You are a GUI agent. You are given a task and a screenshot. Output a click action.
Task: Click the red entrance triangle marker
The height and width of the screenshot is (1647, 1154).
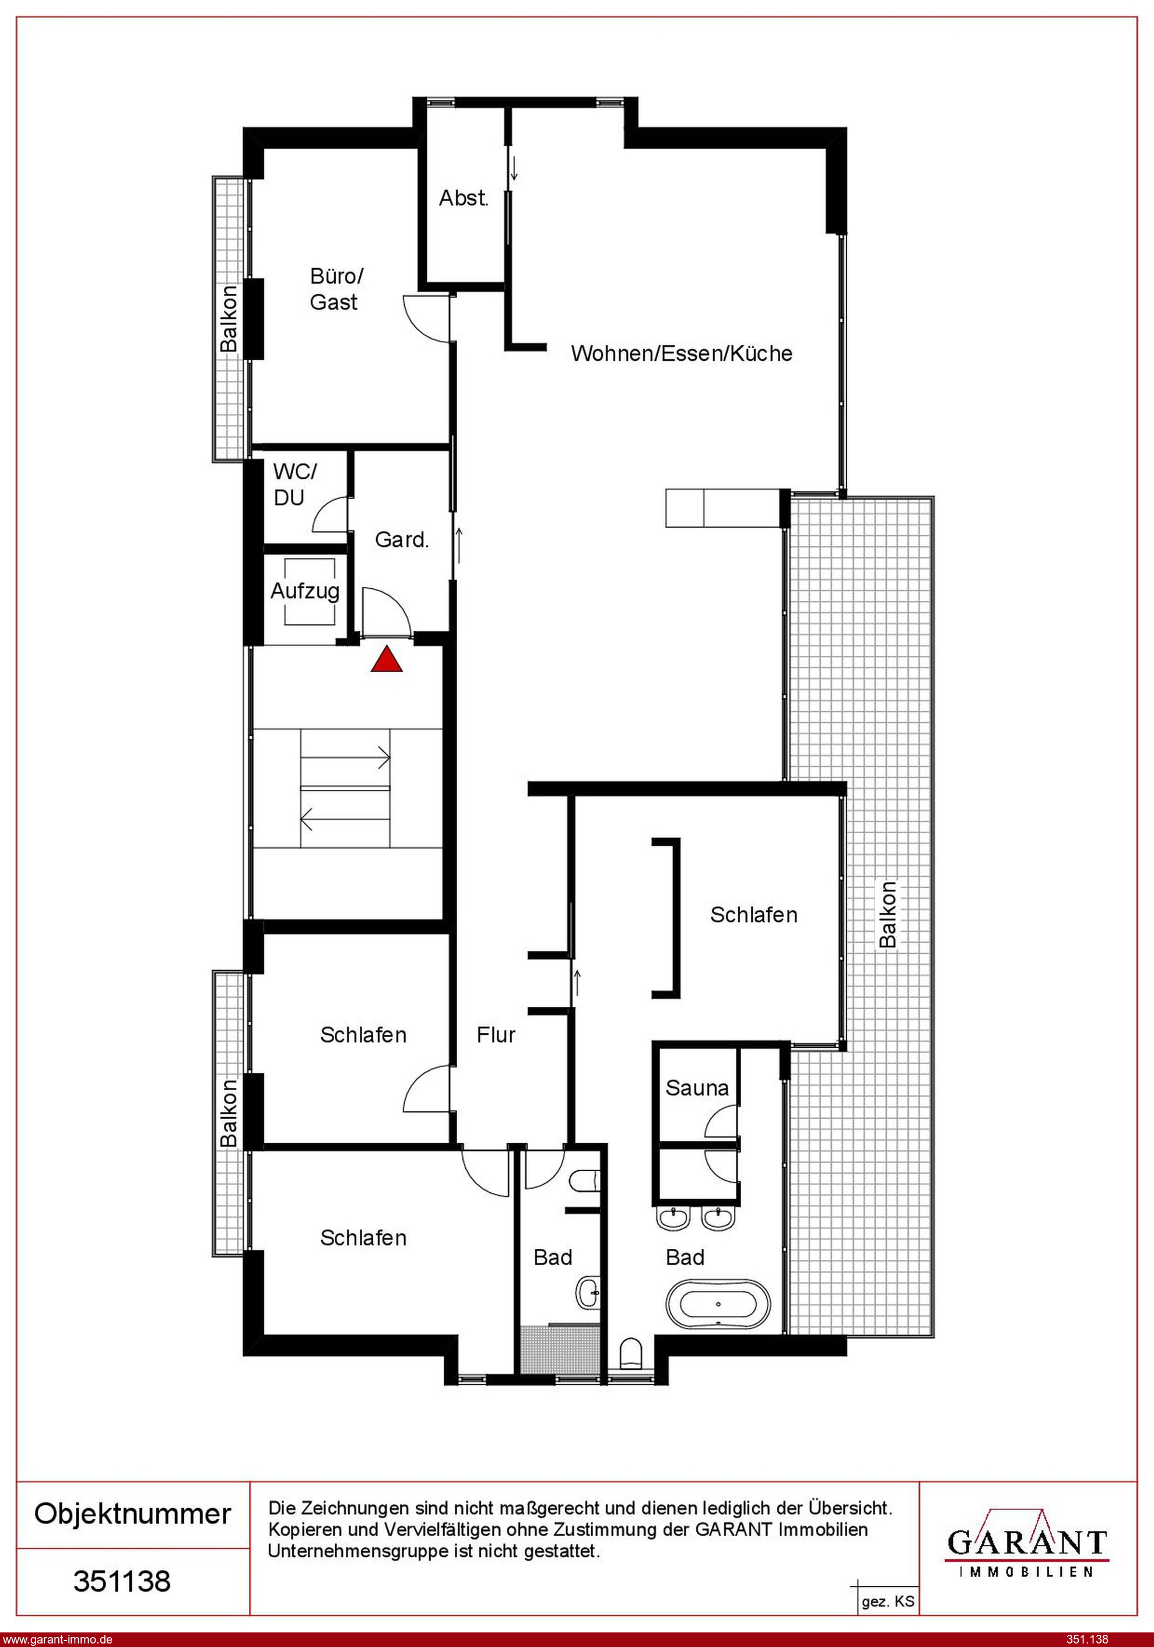386,659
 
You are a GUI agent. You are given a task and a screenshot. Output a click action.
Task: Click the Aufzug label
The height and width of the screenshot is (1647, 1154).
305,591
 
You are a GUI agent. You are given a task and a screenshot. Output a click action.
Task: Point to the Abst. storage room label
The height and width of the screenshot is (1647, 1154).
464,198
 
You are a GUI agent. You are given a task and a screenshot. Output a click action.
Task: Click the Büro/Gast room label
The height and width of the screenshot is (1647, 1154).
336,289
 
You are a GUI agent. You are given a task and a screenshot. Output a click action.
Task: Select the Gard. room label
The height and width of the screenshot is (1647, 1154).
402,539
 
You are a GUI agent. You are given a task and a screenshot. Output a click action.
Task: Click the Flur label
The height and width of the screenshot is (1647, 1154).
496,1034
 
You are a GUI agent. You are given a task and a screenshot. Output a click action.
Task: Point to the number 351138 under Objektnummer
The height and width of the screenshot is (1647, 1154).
122,1581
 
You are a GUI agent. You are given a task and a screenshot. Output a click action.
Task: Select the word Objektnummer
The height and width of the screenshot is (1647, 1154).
133,1513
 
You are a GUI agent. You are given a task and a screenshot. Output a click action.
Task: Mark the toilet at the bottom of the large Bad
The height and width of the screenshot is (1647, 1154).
631,1353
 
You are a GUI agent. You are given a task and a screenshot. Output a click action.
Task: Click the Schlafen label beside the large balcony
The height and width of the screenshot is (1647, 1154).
753,915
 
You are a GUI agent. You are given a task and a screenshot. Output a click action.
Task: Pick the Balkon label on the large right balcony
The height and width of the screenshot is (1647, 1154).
888,915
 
